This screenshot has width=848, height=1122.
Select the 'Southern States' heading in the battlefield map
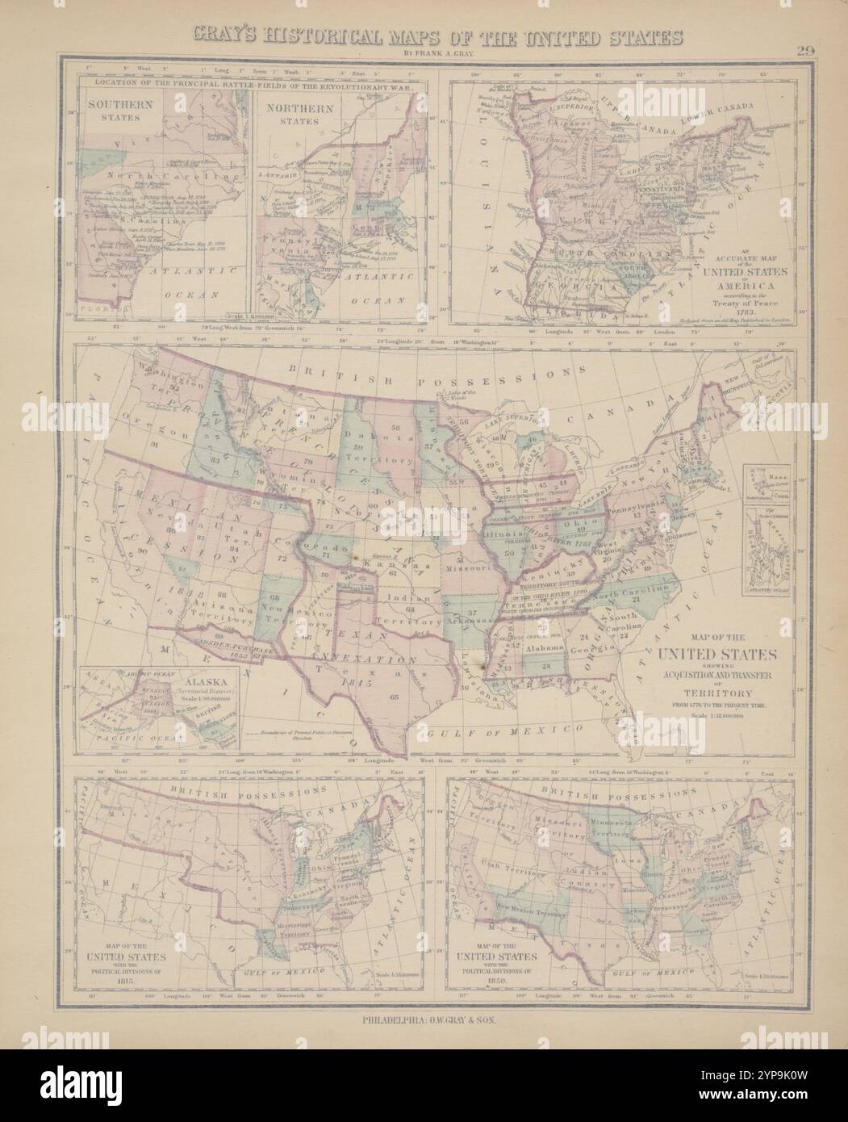click(x=114, y=111)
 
